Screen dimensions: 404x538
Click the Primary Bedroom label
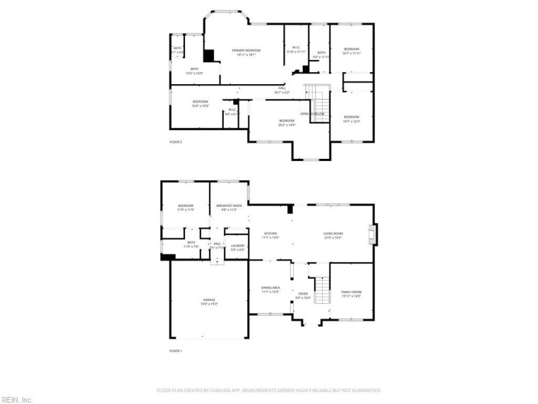pyautogui.click(x=246, y=51)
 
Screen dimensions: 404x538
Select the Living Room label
pyautogui.click(x=334, y=234)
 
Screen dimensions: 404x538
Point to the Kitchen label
pyautogui.click(x=270, y=234)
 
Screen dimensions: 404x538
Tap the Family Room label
pyautogui.click(x=351, y=292)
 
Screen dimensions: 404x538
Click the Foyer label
pyautogui.click(x=303, y=294)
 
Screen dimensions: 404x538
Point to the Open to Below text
pyautogui.click(x=312, y=114)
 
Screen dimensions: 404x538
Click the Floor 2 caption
pyautogui.click(x=176, y=142)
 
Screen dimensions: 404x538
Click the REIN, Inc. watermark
pyautogui.click(x=17, y=399)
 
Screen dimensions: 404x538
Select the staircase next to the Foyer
pyautogui.click(x=323, y=289)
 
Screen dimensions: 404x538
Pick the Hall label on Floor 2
pyautogui.click(x=282, y=88)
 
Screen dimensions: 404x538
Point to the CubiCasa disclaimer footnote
pyautogui.click(x=269, y=390)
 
